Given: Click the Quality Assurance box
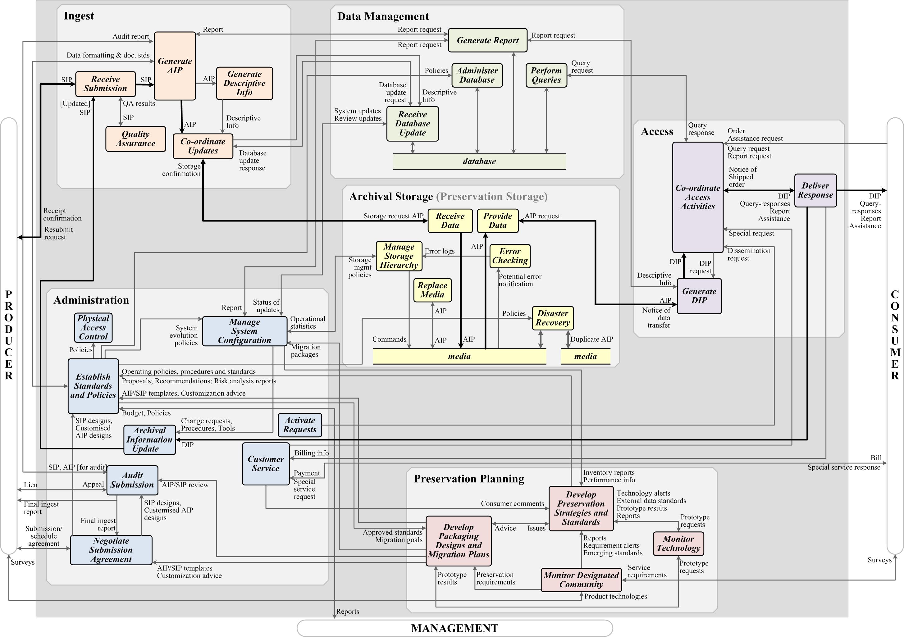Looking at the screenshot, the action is pyautogui.click(x=135, y=139).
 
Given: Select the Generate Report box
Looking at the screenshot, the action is pyautogui.click(x=487, y=40).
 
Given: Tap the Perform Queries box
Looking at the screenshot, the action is pyautogui.click(x=546, y=75).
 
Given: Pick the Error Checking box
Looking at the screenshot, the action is pyautogui.click(x=510, y=256).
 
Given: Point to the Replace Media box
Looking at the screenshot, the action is pyautogui.click(x=432, y=290).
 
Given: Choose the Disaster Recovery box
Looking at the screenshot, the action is pyautogui.click(x=553, y=318).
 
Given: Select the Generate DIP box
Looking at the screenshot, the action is pyautogui.click(x=699, y=296).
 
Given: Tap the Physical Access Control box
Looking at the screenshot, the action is pyautogui.click(x=93, y=328).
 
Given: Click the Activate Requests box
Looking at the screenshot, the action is pyautogui.click(x=300, y=425).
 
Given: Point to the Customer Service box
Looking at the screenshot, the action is pyautogui.click(x=266, y=464).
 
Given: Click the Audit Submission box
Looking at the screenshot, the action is pyautogui.click(x=132, y=480).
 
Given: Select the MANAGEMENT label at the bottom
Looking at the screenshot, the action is pyautogui.click(x=455, y=628).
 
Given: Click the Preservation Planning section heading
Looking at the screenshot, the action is pyautogui.click(x=469, y=479).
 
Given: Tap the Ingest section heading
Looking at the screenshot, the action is pyautogui.click(x=79, y=16).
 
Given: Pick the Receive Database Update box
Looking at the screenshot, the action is pyautogui.click(x=412, y=124).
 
